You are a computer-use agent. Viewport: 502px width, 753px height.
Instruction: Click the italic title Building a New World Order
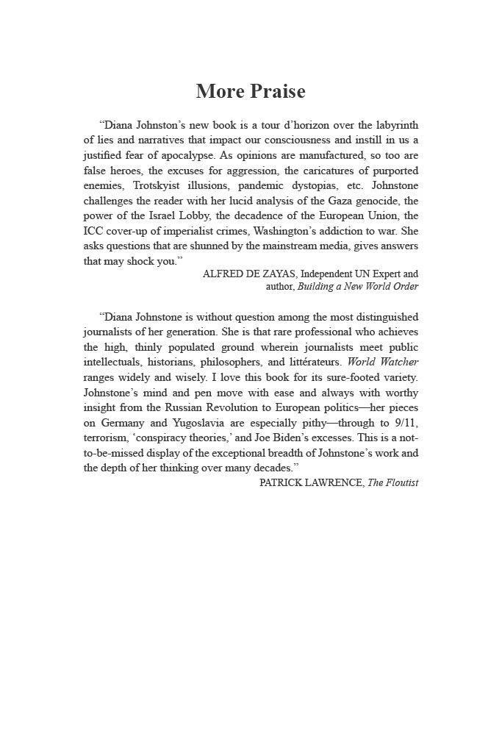[x=358, y=287]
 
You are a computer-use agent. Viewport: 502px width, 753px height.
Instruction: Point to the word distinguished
[x=383, y=318]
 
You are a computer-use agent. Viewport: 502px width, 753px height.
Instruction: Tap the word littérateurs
[x=314, y=362]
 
